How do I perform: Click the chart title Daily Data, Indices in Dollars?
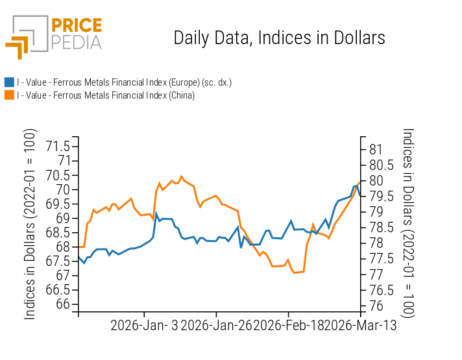[x=279, y=38]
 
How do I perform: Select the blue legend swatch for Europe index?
[x=9, y=82]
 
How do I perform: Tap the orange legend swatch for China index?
[x=9, y=95]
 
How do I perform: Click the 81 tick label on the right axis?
[x=377, y=149]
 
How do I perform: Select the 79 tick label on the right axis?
[x=377, y=212]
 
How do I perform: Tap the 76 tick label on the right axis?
[x=377, y=306]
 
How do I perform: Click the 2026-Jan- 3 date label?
[x=145, y=326]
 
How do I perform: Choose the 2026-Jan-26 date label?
[x=217, y=326]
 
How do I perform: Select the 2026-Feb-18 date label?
[x=289, y=326]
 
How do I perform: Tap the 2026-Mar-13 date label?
[x=361, y=326]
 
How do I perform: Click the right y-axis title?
[x=407, y=222]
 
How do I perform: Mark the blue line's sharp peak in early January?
[x=156, y=213]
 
